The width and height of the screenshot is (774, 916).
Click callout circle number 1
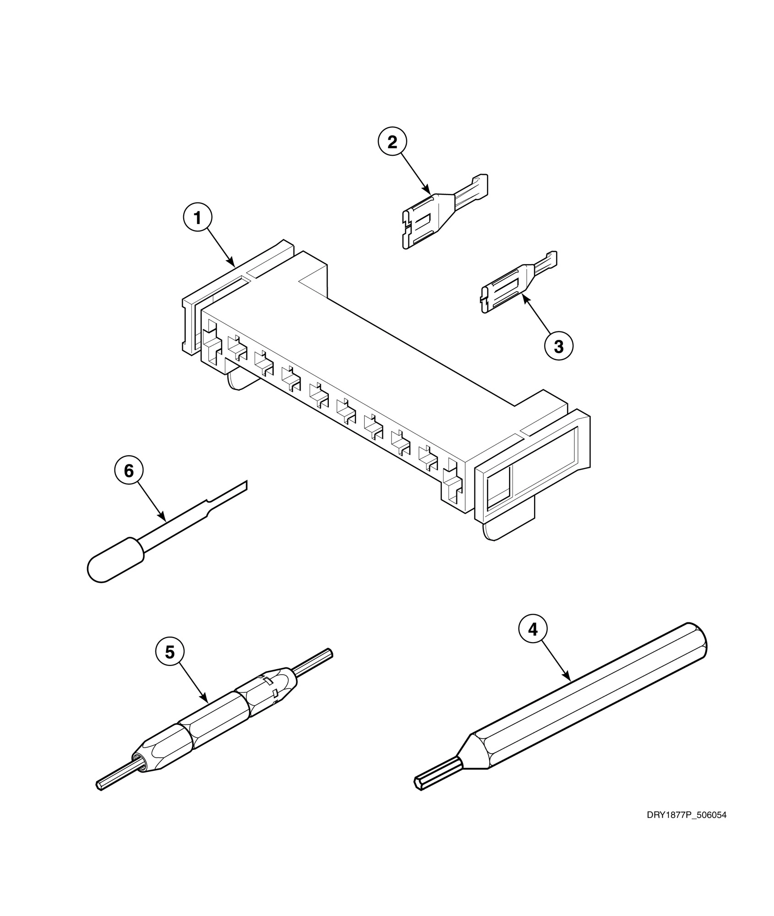tap(197, 218)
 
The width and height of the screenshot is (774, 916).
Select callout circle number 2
tap(392, 142)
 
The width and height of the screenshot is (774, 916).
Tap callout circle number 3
tap(558, 347)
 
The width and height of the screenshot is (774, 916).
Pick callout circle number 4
tap(533, 630)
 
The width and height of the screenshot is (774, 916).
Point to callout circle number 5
tap(170, 652)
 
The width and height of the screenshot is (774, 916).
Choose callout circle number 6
tap(129, 470)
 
